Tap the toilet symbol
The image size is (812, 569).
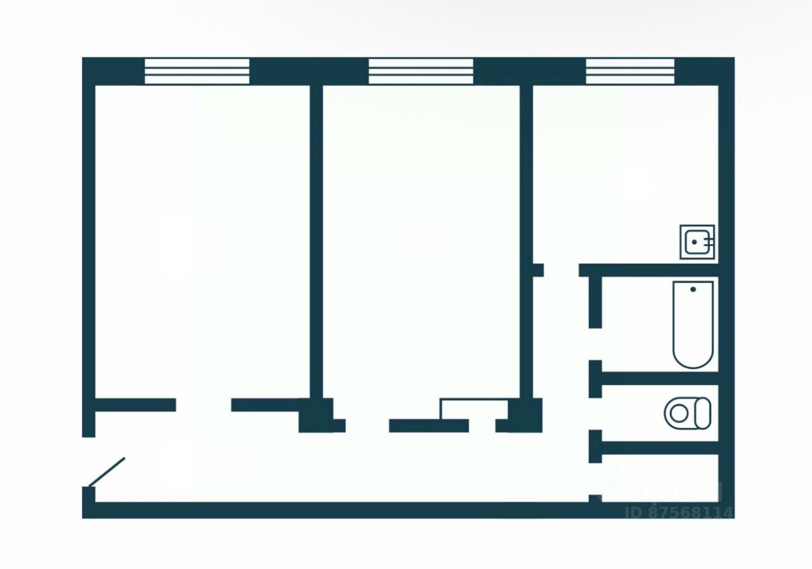point(686,413)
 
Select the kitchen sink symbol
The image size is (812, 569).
point(697,242)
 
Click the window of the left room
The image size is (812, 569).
point(197,71)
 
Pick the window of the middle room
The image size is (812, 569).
point(421,71)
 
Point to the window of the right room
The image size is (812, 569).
point(629,71)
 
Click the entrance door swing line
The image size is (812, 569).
point(107,472)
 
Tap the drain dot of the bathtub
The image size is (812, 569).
point(693,289)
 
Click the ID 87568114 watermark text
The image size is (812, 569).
point(679,512)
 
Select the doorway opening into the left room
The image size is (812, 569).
point(203,405)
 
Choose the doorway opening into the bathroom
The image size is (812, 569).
point(595,344)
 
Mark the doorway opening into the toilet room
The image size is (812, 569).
point(595,414)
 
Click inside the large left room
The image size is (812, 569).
point(202,241)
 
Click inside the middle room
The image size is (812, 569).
point(421,241)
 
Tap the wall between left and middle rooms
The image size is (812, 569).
point(316,241)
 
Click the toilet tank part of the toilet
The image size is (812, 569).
point(703,413)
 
